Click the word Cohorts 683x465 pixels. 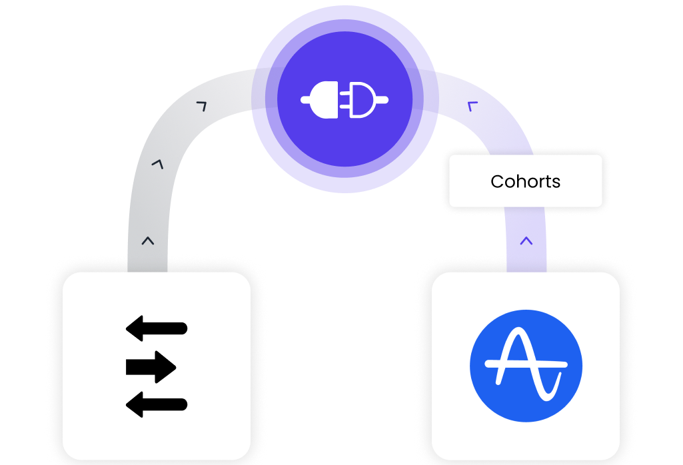pos(525,181)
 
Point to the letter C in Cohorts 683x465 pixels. pos(496,181)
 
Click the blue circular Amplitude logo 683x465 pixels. pos(526,365)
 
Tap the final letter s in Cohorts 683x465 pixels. pos(556,182)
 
